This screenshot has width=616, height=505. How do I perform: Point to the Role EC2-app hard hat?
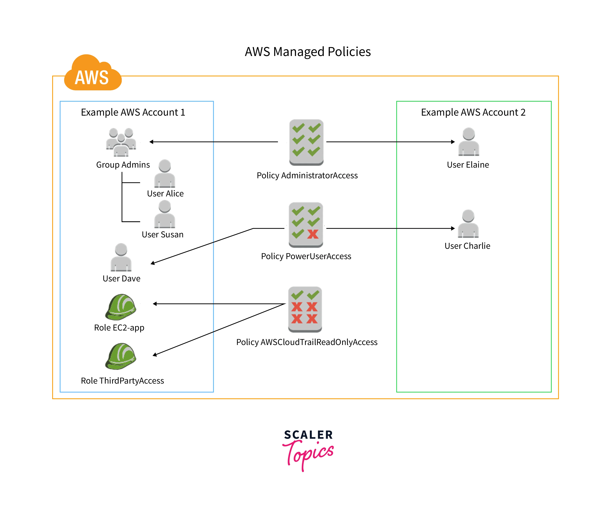121,307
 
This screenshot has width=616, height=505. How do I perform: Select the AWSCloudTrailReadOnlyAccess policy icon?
305,309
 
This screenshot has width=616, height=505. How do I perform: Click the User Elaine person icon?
469,142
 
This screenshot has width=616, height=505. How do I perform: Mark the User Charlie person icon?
468,224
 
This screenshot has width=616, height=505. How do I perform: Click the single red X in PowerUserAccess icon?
313,234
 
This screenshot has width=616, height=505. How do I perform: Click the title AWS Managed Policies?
308,52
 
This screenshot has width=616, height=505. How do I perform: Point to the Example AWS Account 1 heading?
133,112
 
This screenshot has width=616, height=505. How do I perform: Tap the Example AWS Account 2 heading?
473,112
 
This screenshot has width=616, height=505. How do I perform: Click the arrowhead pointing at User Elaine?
453,142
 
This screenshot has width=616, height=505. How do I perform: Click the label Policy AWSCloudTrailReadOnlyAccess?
307,342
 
